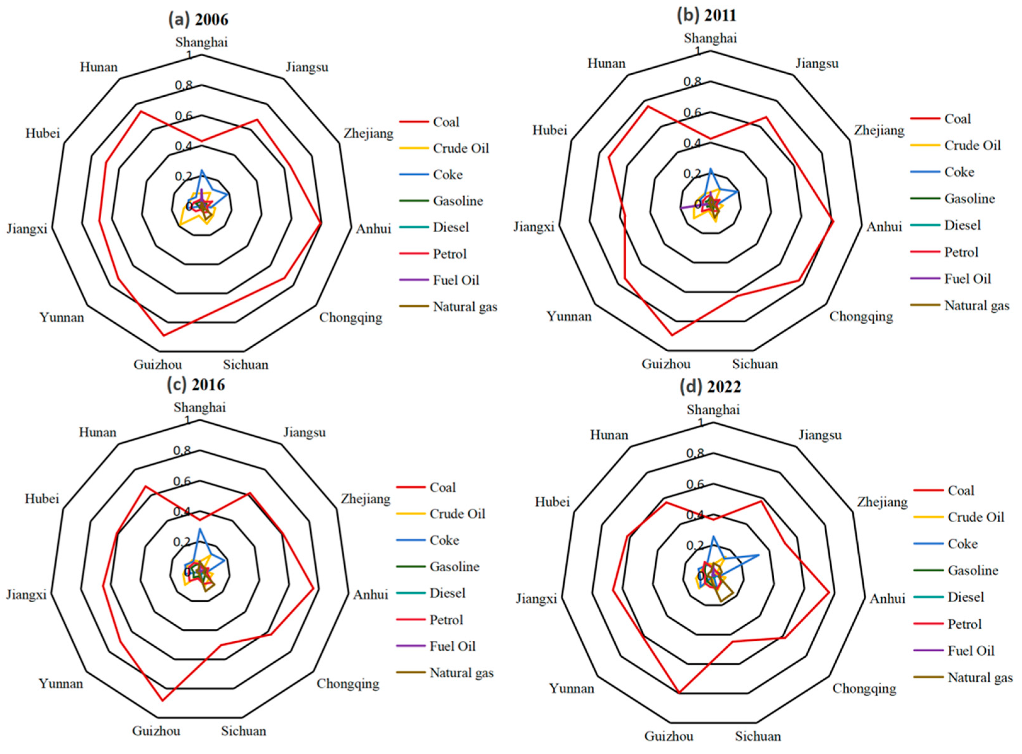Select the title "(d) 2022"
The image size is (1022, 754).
[x=710, y=387]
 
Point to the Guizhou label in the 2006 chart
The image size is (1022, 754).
[x=157, y=365]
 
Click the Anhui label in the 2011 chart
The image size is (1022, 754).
[x=884, y=227]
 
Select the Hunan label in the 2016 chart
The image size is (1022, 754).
[x=98, y=432]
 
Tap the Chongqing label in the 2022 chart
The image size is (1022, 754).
[x=864, y=688]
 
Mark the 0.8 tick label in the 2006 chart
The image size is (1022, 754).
[x=184, y=85]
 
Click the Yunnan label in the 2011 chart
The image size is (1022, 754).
[x=569, y=316]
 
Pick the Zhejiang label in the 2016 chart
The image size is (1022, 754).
[x=365, y=499]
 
